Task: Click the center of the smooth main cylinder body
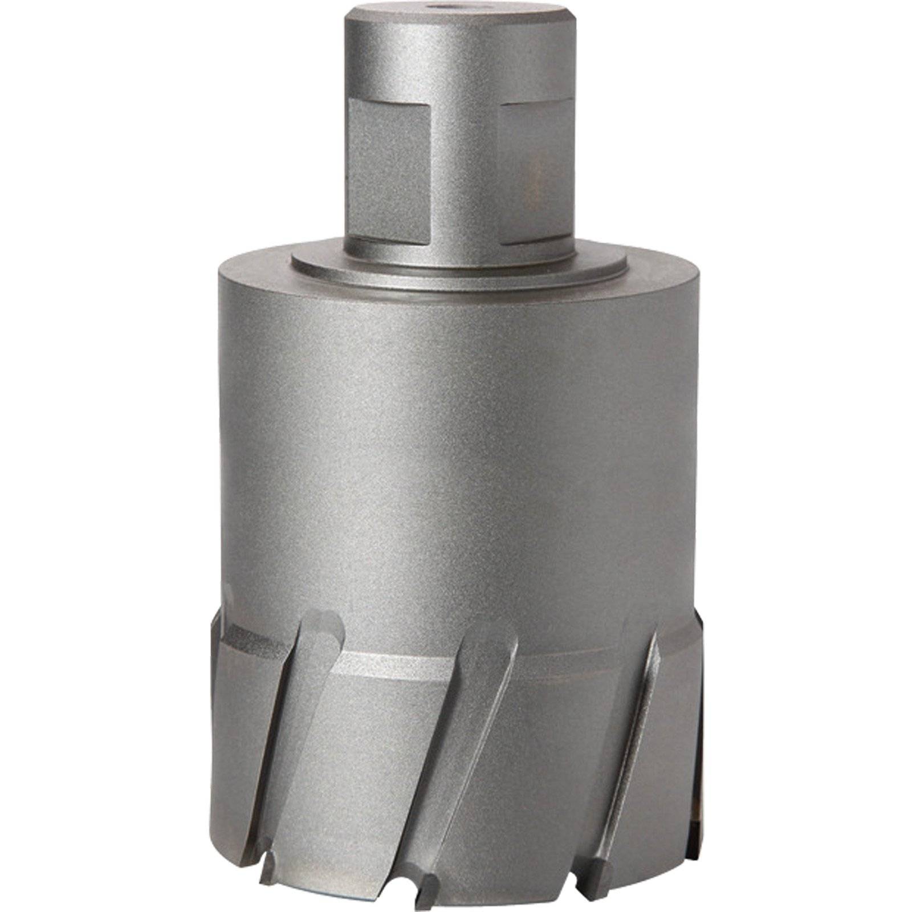point(456,456)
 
